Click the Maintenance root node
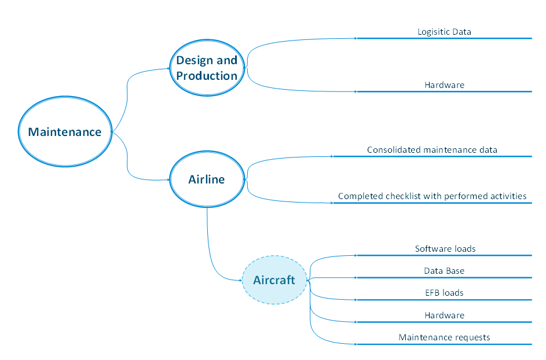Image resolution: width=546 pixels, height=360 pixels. (x=65, y=132)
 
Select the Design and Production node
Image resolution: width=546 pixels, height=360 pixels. (x=207, y=68)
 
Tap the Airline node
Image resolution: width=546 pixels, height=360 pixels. (x=207, y=179)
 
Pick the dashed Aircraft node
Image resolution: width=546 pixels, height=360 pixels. (x=274, y=280)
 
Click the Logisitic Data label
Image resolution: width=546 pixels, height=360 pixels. (x=444, y=32)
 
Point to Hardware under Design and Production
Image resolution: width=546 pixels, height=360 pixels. (x=444, y=85)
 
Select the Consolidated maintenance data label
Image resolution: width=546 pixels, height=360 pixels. (x=432, y=150)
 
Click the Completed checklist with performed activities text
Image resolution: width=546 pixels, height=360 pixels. (x=432, y=196)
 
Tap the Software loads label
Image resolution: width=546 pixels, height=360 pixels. (x=445, y=249)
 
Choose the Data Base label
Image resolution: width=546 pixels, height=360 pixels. (x=444, y=271)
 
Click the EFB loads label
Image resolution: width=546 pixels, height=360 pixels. (x=444, y=293)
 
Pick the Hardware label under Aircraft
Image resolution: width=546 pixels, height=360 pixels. (x=444, y=315)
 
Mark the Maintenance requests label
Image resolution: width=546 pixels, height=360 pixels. (x=444, y=337)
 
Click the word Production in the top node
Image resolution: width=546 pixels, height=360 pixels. (x=207, y=76)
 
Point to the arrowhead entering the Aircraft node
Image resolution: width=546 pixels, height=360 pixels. (x=239, y=280)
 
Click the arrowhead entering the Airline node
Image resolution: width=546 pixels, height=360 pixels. (x=167, y=179)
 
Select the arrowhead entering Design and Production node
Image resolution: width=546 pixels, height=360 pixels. (x=167, y=68)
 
